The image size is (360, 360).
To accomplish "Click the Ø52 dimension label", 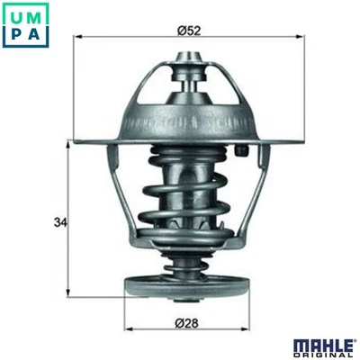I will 188,30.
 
